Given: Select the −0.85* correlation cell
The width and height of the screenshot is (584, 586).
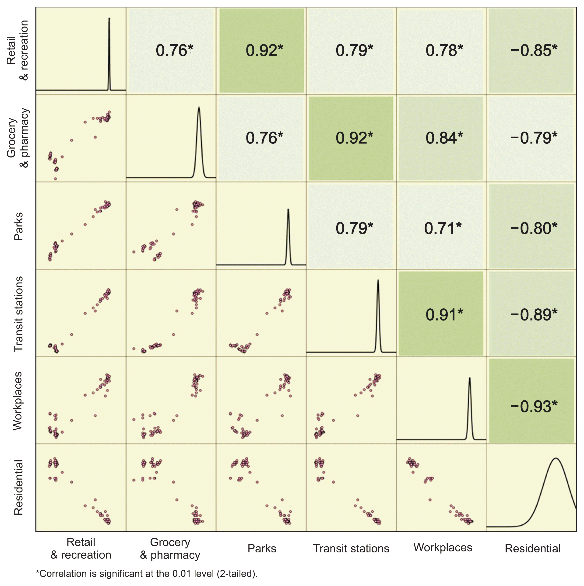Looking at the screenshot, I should point(534,50).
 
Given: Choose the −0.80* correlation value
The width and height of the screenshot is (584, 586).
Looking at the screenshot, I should point(534,228).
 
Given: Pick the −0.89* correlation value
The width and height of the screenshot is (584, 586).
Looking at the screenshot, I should point(534,315).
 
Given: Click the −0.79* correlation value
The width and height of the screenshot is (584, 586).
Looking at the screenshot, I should point(534,138).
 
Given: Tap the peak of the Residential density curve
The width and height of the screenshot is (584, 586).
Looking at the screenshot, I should point(556,459).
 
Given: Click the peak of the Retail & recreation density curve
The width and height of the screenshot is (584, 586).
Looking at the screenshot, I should point(109,19).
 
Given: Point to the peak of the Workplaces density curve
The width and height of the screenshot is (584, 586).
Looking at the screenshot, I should point(470,378).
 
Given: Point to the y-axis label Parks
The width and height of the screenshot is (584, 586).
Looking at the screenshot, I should point(18,226).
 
